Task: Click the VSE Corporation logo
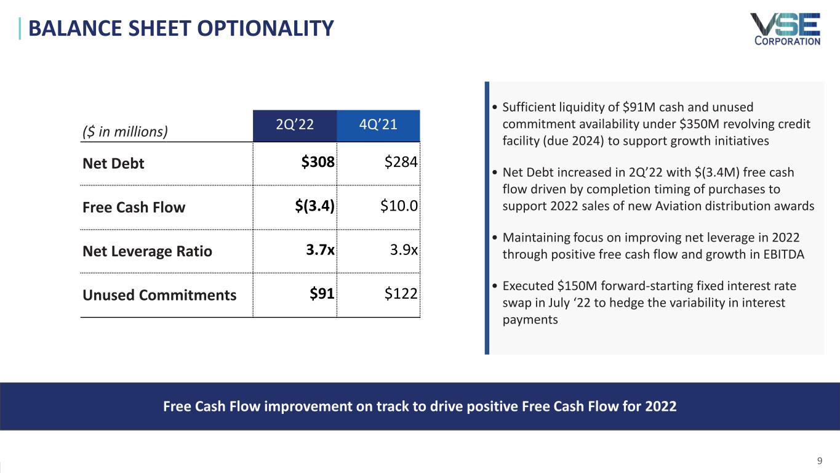click(785, 29)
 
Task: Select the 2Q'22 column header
click(295, 125)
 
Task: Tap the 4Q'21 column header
click(378, 125)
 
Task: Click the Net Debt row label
click(113, 164)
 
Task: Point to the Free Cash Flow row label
click(134, 208)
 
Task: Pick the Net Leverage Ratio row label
click(147, 251)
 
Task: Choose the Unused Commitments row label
click(159, 295)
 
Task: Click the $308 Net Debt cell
click(318, 163)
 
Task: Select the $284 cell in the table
click(401, 163)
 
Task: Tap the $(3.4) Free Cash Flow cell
click(314, 207)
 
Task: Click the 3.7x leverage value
click(320, 251)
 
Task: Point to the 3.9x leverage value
click(404, 251)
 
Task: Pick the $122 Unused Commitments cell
click(401, 294)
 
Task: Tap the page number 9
click(820, 460)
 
